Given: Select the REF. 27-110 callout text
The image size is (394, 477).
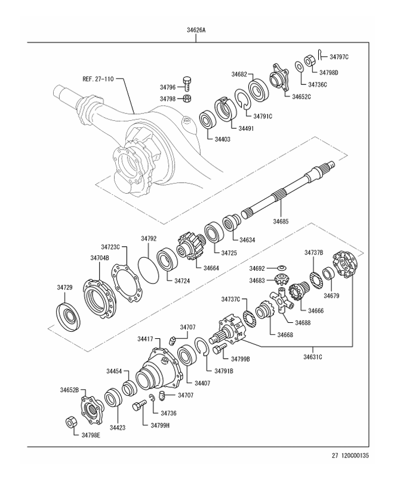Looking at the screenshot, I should pyautogui.click(x=98, y=78).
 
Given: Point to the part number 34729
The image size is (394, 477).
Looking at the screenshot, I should pyautogui.click(x=65, y=288).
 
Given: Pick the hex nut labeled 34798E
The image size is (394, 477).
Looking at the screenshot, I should pyautogui.click(x=70, y=423).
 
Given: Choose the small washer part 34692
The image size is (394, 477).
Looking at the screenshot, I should pyautogui.click(x=283, y=268).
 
